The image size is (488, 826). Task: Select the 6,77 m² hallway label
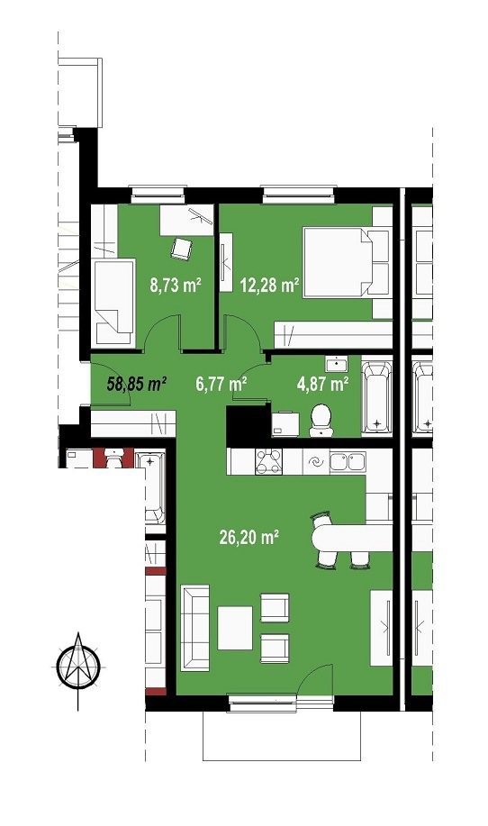tap(221, 384)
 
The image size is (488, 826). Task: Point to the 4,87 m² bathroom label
tap(322, 384)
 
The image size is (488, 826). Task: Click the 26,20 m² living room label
tap(249, 537)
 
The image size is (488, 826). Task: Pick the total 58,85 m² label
tap(137, 384)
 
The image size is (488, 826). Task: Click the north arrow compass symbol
tap(78, 669)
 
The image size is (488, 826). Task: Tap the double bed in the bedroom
tap(348, 262)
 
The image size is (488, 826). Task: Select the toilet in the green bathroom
tap(321, 421)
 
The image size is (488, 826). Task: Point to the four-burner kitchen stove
tap(268, 462)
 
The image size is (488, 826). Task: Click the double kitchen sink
tap(348, 461)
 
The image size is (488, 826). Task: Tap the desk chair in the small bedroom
tap(182, 249)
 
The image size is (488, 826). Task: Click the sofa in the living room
tap(194, 628)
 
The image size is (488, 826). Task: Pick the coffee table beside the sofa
tap(235, 628)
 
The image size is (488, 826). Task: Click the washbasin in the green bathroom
tap(335, 365)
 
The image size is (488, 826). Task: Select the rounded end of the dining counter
tap(319, 538)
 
